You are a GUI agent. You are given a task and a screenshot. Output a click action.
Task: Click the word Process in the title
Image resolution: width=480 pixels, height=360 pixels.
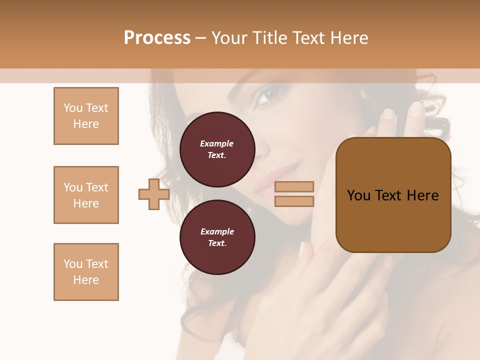157,38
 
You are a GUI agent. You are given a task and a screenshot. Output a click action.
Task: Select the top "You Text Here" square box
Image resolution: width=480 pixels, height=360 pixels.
86,116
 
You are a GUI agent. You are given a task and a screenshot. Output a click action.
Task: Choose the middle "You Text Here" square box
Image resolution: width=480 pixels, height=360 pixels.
86,195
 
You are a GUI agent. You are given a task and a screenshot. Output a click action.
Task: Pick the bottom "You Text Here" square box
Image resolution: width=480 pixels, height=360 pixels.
86,272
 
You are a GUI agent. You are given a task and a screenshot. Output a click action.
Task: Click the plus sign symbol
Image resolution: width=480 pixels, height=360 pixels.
154,194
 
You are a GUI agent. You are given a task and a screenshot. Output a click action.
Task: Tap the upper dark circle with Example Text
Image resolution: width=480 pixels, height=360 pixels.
217,149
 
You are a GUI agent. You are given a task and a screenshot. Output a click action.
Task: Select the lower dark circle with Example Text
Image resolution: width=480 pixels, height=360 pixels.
217,237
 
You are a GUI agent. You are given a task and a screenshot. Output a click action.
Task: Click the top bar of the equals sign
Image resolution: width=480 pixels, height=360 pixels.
294,186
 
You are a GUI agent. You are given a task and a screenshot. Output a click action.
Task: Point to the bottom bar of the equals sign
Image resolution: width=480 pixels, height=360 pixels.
294,201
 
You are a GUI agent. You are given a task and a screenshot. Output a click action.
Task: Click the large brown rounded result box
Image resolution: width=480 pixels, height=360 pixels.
393,195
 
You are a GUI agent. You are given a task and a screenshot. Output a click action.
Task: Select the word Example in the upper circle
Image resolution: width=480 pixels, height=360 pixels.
217,143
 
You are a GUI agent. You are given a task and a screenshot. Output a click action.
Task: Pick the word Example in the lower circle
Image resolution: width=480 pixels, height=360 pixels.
217,231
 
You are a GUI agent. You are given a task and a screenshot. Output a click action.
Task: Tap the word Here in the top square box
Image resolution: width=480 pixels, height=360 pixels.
86,124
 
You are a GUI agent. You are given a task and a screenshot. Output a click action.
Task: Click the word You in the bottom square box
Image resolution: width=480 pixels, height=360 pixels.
72,264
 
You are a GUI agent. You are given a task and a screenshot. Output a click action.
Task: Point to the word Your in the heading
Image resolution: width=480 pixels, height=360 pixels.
229,38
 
